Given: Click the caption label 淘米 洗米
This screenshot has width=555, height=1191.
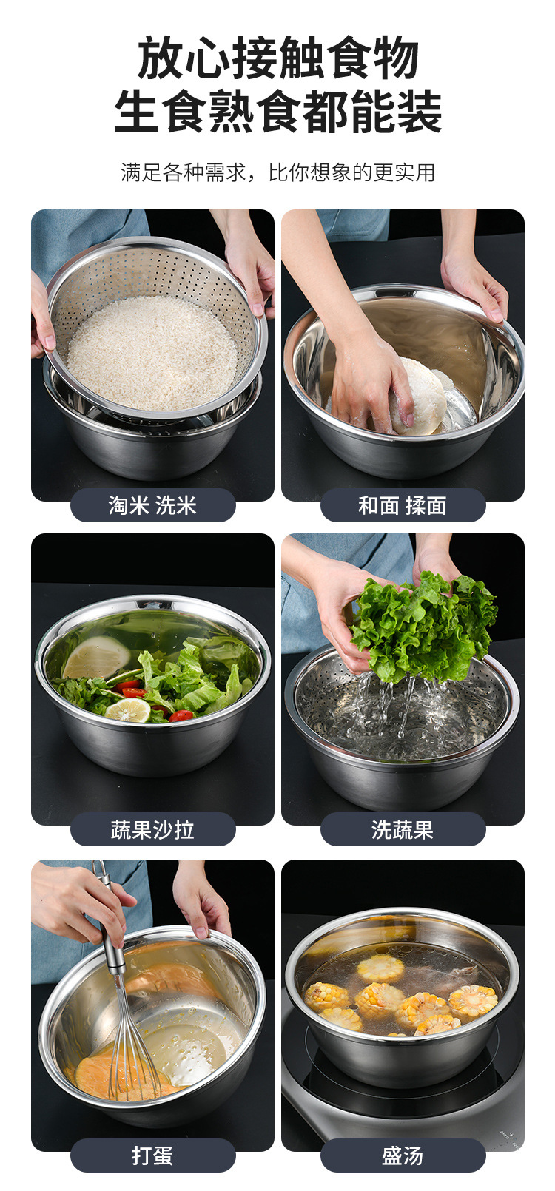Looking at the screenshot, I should tap(152, 505).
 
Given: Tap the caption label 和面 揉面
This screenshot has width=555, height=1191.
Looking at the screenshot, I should tap(403, 505).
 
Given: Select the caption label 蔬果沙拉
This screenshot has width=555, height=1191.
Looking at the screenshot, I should tap(152, 829).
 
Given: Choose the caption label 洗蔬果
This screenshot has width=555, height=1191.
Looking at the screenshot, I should tap(403, 829).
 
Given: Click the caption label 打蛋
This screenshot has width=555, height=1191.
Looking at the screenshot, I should tap(152, 1155).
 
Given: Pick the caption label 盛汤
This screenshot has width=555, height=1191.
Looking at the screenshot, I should tap(403, 1155).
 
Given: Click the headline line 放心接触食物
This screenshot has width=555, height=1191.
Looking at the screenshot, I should tap(277, 59).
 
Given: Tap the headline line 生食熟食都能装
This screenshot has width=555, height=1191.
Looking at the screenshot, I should tap(277, 112).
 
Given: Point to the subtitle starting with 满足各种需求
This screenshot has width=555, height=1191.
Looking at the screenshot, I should tap(277, 172).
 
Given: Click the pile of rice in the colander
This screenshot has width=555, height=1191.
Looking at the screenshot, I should tap(152, 351).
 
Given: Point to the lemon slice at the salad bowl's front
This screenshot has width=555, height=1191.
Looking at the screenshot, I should tap(128, 710).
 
